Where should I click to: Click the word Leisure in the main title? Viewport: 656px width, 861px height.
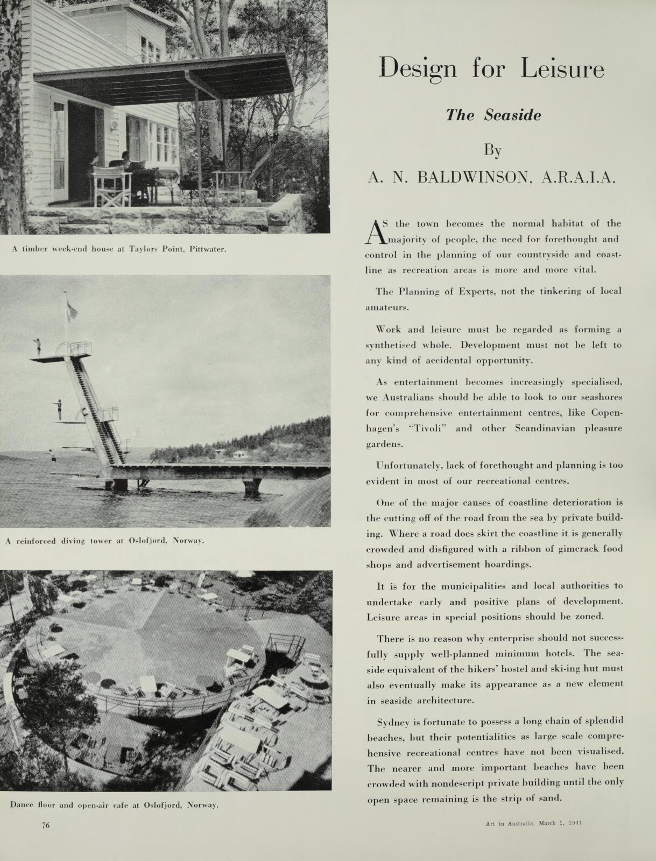[562, 69]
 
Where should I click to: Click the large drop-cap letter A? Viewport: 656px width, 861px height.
[373, 232]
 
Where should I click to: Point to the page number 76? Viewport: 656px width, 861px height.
[46, 825]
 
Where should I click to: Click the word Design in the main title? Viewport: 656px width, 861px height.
[417, 69]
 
